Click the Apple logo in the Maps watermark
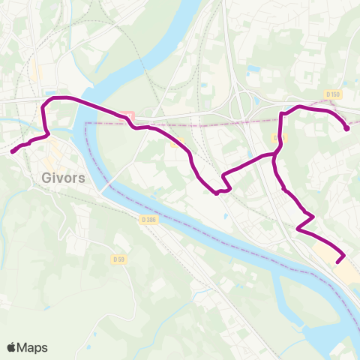[11, 347]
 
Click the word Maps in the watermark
[32, 347]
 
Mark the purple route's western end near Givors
[12, 151]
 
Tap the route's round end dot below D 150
[346, 128]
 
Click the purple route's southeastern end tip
[337, 262]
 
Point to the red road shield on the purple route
[127, 116]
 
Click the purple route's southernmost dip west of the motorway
[217, 193]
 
